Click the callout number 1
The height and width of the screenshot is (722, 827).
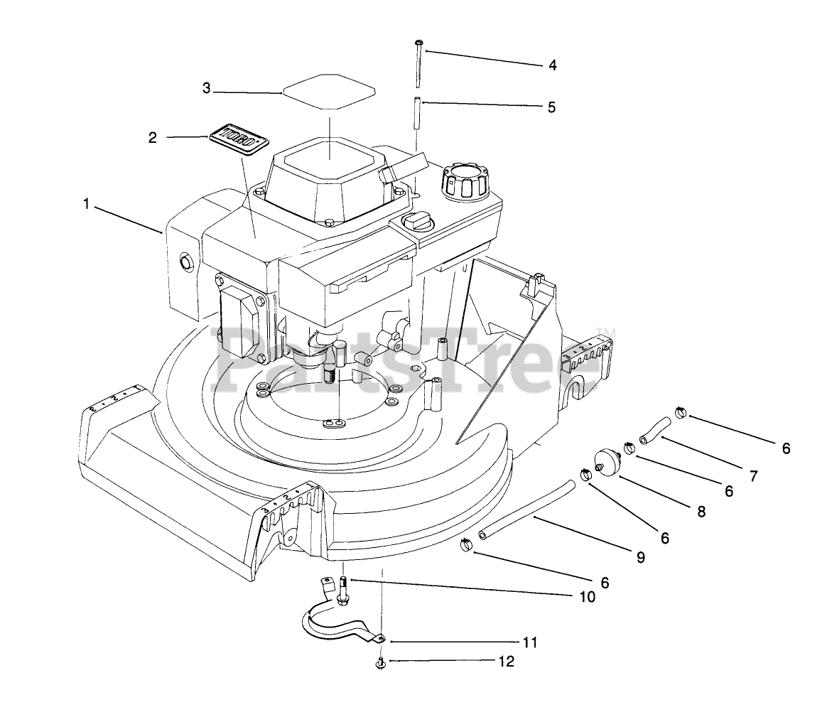tap(86, 204)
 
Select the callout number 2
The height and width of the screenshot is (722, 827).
tap(153, 138)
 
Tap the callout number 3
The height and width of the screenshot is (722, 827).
tap(207, 89)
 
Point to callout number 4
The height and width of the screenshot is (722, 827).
tap(552, 66)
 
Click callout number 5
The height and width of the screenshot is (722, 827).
tap(551, 108)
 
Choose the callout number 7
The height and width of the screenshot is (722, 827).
tap(753, 475)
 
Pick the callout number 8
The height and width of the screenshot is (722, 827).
tap(702, 510)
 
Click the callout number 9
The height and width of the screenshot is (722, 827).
tap(641, 558)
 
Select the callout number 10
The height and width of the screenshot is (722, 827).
tap(587, 597)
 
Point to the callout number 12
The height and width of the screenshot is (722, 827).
tap(506, 662)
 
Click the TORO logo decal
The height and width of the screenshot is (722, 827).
tap(239, 139)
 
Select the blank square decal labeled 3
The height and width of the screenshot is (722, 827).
tap(330, 92)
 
